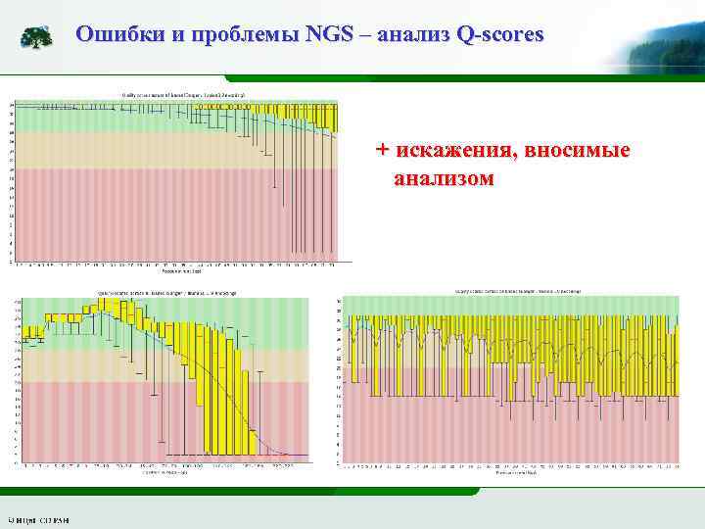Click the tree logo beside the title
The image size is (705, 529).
(37, 37)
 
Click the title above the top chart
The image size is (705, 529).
(183, 94)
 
